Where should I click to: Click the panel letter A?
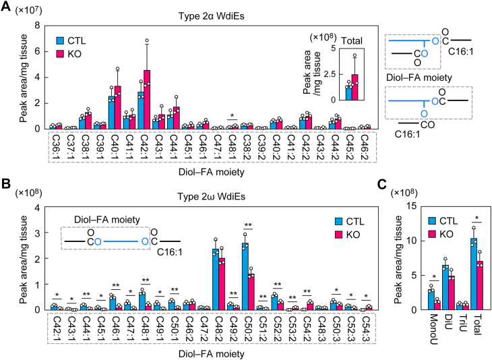pos(6,6)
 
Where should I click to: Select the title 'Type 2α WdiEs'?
pos(211,16)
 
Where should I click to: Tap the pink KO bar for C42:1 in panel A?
pos(147,100)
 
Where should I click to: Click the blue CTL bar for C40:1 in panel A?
pos(111,113)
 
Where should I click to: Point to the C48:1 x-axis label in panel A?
pos(233,146)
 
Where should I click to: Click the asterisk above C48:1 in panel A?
pos(233,116)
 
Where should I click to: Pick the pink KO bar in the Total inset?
pos(355,87)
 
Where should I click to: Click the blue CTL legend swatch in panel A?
pos(60,41)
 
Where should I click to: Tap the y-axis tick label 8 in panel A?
pos(37,26)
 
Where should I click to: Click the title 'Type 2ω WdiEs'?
pos(211,197)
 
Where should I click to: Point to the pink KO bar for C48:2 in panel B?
pos(222,284)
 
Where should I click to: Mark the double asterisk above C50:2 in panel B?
pos(248,225)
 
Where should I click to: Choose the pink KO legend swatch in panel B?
pos(338,235)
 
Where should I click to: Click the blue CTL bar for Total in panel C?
pos(474,274)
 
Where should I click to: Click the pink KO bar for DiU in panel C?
pos(452,293)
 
